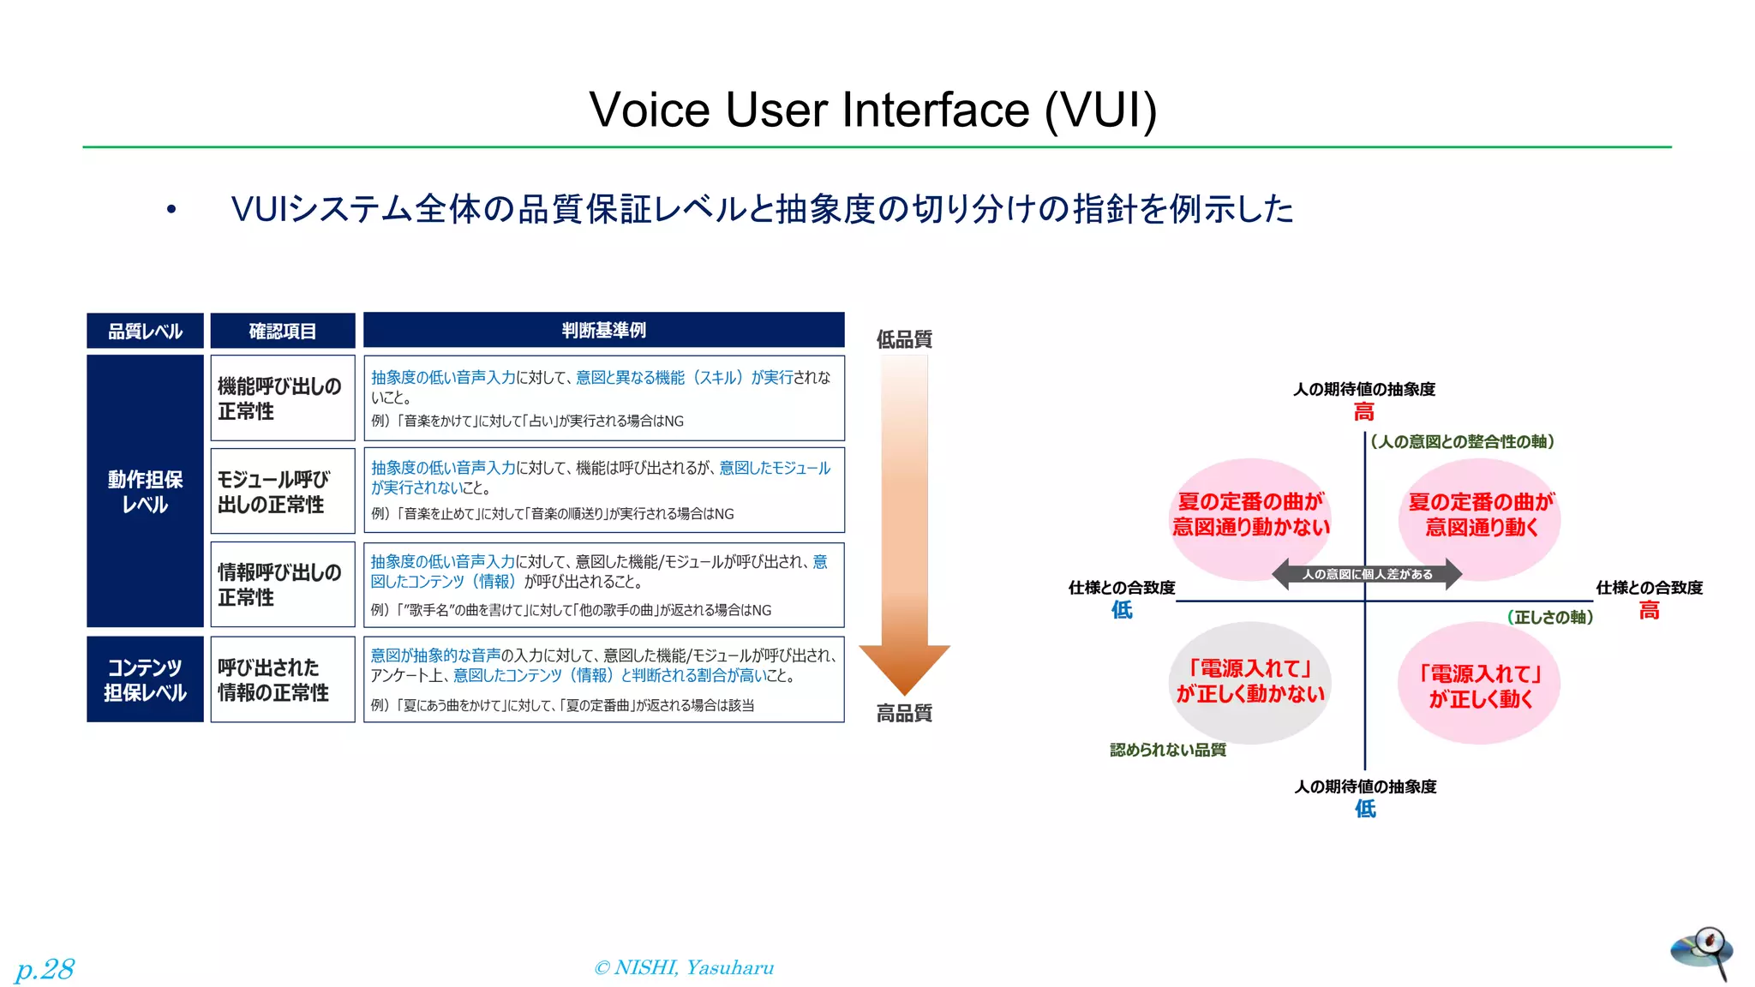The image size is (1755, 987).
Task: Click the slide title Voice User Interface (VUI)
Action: (872, 110)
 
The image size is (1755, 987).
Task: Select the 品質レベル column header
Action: (145, 331)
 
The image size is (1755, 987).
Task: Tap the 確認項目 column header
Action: (283, 331)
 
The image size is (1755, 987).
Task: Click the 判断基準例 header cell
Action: (603, 330)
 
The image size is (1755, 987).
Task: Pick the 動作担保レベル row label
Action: (145, 491)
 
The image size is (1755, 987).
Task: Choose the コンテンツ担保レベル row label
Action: (145, 679)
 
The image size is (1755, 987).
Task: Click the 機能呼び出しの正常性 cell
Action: (282, 398)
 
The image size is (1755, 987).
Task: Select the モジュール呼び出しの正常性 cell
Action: (282, 491)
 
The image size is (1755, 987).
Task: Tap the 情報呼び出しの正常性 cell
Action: (282, 584)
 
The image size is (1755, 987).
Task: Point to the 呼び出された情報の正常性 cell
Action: (282, 679)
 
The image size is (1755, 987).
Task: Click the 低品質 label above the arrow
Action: (904, 339)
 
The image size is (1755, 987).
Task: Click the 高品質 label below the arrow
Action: (904, 713)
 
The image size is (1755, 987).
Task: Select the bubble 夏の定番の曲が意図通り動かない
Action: (1250, 515)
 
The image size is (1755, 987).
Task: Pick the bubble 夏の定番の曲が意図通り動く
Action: (1480, 515)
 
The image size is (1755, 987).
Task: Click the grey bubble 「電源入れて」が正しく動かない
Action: (1250, 682)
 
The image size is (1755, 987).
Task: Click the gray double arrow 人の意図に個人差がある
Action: (1367, 574)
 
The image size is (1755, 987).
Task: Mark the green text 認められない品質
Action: (1167, 750)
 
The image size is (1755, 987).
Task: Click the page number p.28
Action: (45, 969)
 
